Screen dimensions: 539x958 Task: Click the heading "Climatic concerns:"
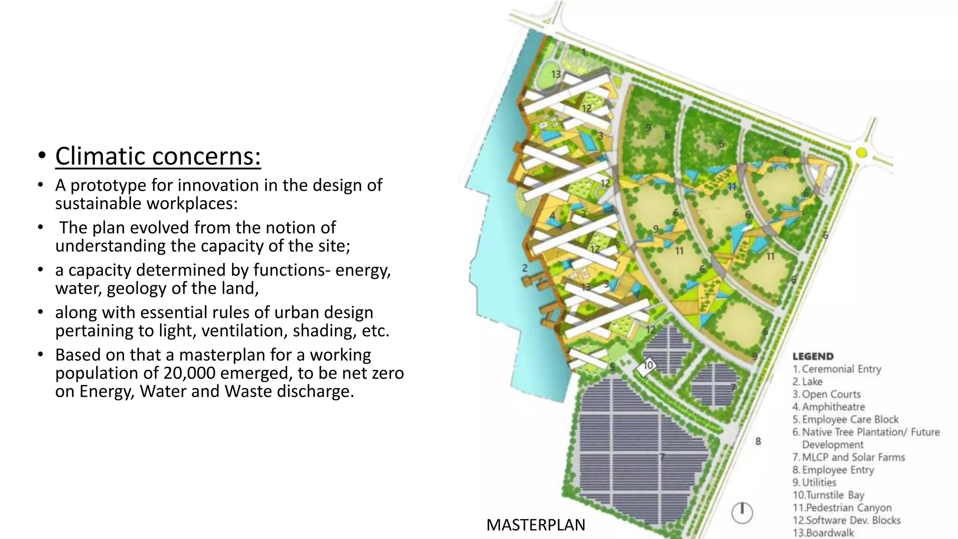[x=158, y=156]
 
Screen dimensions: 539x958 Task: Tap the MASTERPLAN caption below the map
[x=536, y=525]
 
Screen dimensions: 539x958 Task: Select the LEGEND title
[x=813, y=357]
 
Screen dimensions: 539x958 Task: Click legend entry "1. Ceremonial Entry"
[x=837, y=369]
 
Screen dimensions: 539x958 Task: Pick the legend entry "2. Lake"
[x=807, y=382]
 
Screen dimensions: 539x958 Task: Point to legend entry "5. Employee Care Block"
[x=846, y=420]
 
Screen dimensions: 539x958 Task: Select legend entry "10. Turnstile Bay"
[x=828, y=495]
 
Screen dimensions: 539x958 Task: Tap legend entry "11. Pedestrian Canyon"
[x=842, y=508]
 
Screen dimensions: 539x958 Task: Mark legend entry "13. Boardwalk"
[x=823, y=533]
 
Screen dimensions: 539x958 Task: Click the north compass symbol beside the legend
[x=742, y=513]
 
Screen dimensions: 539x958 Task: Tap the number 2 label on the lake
[x=525, y=268]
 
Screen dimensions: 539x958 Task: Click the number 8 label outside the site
[x=758, y=441]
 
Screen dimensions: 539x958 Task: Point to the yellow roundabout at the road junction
[x=862, y=153]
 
